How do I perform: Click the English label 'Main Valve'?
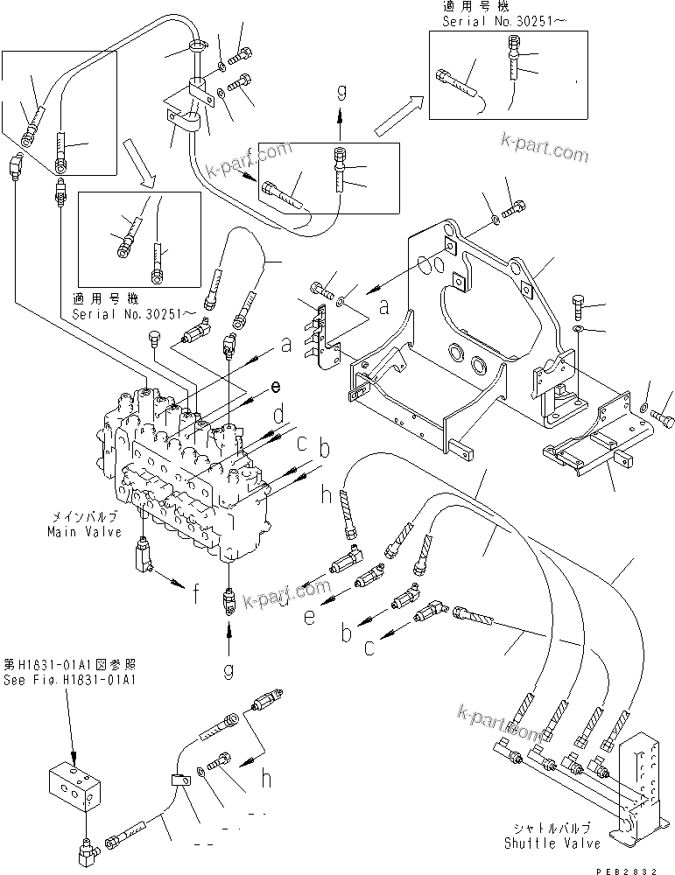[79, 531]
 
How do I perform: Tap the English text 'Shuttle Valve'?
[552, 843]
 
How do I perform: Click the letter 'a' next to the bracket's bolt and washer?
[383, 308]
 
